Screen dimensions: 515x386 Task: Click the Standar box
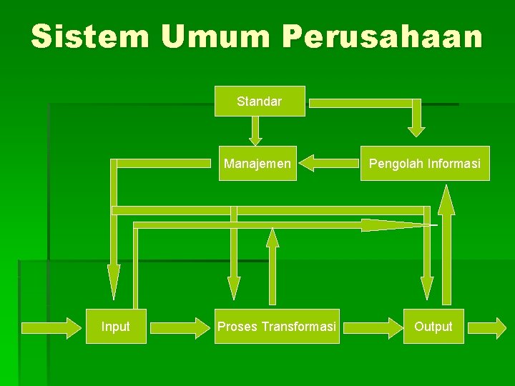(260, 101)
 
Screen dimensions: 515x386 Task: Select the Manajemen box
(257, 164)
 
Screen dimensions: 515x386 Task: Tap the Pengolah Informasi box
(425, 164)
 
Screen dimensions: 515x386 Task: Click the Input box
(116, 326)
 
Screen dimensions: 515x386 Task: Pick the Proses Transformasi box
(277, 326)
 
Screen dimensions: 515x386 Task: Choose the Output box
(433, 326)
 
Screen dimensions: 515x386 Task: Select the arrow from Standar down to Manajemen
(255, 131)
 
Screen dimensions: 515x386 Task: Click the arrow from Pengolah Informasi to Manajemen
(329, 163)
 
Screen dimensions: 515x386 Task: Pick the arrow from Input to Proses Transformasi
(180, 328)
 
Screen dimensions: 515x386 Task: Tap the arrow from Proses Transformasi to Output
(373, 328)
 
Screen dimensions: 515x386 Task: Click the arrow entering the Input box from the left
(51, 328)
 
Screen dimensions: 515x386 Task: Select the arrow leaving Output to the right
(487, 328)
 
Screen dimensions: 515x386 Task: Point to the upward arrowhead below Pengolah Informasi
(446, 199)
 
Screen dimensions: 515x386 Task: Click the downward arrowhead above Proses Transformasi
(234, 288)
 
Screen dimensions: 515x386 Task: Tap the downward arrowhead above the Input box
(114, 282)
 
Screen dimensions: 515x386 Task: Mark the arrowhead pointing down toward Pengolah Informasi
(416, 132)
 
